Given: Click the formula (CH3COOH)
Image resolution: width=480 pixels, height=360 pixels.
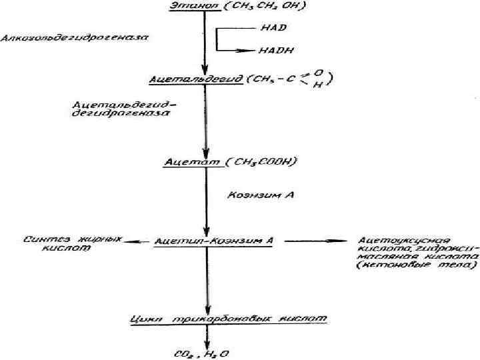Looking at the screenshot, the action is coord(261,161).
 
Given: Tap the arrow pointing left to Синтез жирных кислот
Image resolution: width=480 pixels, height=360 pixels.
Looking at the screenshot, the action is coord(133,241).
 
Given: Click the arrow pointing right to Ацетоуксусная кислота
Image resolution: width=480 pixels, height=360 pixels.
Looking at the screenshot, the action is coord(313,241).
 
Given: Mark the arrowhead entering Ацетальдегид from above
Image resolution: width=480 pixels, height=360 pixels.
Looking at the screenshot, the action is coord(206,70).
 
